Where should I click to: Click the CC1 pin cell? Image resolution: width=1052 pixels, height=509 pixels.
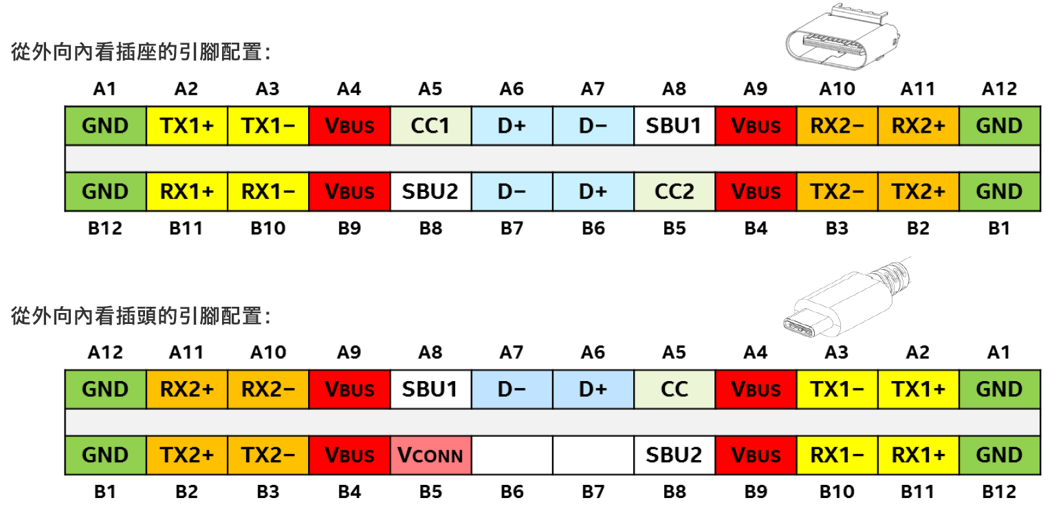(430, 126)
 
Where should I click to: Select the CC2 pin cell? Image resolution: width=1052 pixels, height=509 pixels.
(674, 191)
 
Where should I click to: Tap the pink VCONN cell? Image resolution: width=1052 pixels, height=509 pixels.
(430, 455)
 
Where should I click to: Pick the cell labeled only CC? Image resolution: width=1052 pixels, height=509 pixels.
(674, 389)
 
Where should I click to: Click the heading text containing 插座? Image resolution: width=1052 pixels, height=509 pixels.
(140, 52)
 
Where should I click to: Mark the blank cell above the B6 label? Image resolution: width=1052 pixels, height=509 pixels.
(512, 455)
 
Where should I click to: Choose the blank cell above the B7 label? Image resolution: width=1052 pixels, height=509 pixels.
(593, 455)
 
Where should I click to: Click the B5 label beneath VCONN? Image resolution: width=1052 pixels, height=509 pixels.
(430, 491)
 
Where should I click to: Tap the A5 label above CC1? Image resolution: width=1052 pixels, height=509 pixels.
(430, 89)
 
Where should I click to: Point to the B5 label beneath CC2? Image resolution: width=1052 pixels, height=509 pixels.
(674, 228)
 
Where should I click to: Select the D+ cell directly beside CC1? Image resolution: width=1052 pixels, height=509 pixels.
(512, 126)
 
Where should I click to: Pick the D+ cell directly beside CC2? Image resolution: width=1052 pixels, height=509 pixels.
(593, 191)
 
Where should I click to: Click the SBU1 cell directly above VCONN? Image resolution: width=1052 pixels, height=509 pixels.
(430, 389)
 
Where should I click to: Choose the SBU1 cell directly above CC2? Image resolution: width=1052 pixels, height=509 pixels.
(674, 126)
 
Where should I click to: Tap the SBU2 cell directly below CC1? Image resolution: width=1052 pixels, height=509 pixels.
(430, 191)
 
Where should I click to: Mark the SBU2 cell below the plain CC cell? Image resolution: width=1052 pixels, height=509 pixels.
(674, 455)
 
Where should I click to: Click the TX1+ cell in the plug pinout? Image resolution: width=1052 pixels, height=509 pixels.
(917, 389)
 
